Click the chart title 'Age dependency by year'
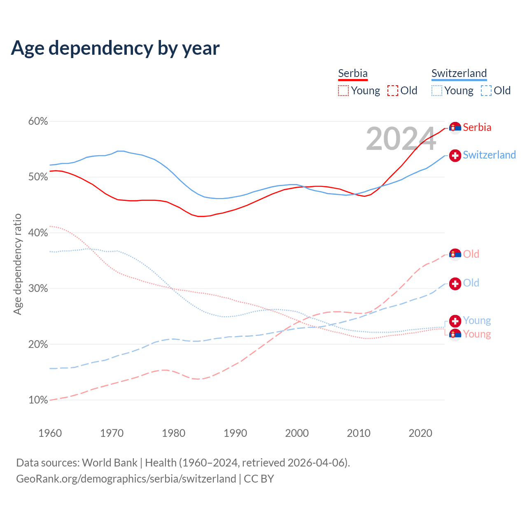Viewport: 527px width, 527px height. (x=115, y=48)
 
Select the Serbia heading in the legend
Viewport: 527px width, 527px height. (x=353, y=73)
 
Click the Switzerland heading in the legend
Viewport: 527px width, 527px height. (x=459, y=73)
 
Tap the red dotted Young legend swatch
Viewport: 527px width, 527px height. (x=343, y=91)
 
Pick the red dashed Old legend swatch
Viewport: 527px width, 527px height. (x=393, y=91)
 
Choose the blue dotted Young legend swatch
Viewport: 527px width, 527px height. (x=436, y=91)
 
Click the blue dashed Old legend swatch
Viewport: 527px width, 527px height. (x=486, y=91)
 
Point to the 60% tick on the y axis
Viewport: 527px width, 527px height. (x=38, y=121)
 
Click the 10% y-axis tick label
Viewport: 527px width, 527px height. (x=38, y=400)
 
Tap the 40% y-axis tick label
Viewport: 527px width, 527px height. (x=38, y=233)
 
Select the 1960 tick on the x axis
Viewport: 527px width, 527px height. (x=50, y=433)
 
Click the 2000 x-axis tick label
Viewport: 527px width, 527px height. (x=297, y=433)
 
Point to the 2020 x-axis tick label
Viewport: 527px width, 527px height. (x=420, y=433)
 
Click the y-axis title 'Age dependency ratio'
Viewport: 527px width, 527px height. (x=17, y=264)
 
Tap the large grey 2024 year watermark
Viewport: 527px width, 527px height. (x=401, y=139)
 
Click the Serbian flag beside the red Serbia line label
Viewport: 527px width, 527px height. (x=455, y=128)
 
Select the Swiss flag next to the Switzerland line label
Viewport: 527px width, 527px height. (x=455, y=155)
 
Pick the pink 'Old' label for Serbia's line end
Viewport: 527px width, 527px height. (x=471, y=254)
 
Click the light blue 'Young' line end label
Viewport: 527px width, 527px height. (x=477, y=320)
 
